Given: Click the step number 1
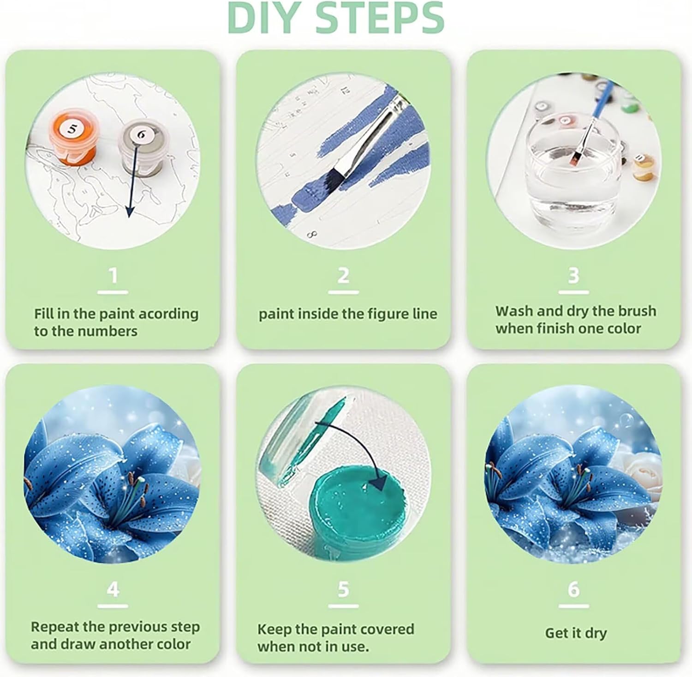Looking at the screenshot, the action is (x=113, y=276).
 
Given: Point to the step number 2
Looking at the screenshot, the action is (x=343, y=276).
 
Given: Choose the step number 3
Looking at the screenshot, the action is (x=573, y=275).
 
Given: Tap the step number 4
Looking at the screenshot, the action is (x=113, y=589).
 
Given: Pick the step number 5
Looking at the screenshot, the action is (x=343, y=589).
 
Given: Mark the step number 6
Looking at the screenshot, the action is (x=573, y=589).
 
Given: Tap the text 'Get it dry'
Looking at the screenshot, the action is (x=576, y=633).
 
